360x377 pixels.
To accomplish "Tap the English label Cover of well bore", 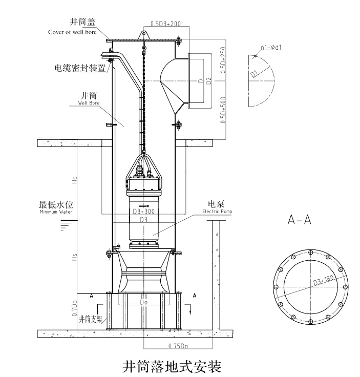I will [x=72, y=32].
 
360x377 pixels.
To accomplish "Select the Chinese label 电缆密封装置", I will [x=79, y=67].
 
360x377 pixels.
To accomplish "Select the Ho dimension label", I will [x=74, y=180].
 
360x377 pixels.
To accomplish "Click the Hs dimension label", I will [x=74, y=259].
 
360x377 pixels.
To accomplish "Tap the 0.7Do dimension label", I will [x=74, y=309].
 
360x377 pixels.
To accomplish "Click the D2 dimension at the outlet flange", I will [x=207, y=80].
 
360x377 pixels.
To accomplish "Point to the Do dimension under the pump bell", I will [x=144, y=303].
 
